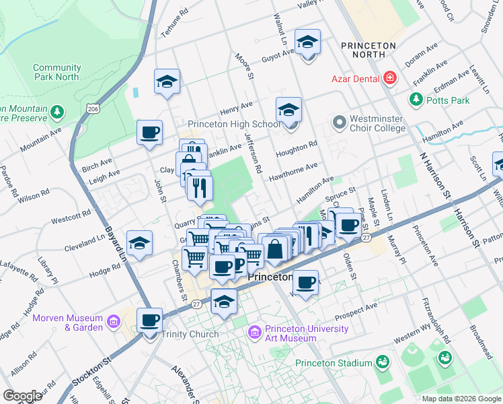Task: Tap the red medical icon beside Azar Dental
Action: pos(389,79)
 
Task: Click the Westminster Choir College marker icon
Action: pos(339,123)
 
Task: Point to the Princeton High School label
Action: pos(233,124)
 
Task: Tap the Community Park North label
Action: pos(56,72)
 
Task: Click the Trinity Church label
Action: pos(189,334)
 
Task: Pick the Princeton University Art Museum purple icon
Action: pos(254,331)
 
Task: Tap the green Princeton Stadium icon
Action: pos(382,363)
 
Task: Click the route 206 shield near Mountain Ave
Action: pos(93,108)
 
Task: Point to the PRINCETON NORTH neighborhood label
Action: pos(368,46)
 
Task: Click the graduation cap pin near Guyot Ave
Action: pos(307,43)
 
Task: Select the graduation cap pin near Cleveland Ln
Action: pos(139,243)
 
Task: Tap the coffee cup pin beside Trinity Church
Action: pos(149,320)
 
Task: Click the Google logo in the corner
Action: pos(22,396)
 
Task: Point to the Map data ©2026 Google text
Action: pos(461,399)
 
